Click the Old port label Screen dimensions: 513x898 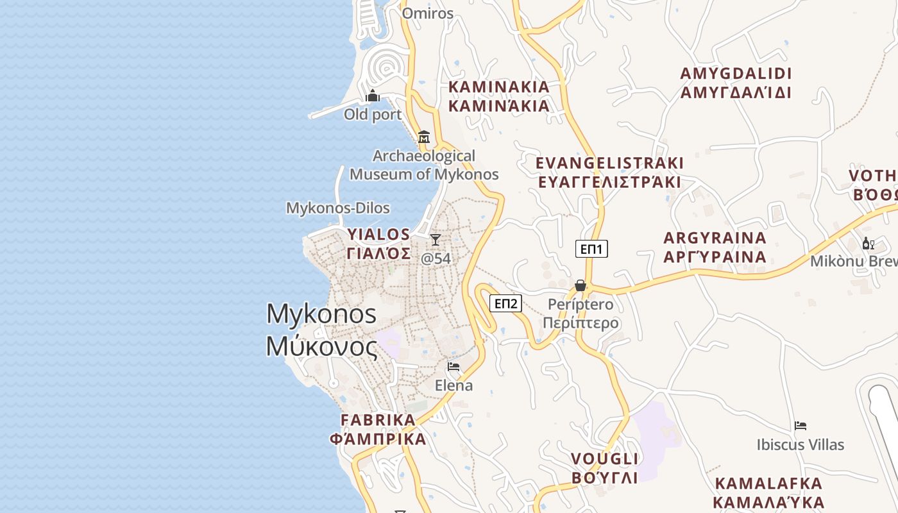373,115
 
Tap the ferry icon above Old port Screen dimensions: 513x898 373,97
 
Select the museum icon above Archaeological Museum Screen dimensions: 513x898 423,137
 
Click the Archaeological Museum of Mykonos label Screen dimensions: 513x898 424,165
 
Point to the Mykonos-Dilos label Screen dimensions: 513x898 337,208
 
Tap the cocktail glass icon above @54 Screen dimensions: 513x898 436,240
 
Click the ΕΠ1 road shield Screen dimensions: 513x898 591,249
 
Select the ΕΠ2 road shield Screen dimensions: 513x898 505,303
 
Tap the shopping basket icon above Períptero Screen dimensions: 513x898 580,285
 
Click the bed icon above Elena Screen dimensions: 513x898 453,367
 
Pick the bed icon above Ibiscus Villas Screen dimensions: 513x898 800,426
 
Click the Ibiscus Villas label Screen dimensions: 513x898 800,444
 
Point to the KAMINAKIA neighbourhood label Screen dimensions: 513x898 498,87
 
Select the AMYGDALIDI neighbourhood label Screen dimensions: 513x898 736,74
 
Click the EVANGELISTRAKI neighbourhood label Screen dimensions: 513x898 609,163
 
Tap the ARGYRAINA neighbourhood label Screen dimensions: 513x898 715,238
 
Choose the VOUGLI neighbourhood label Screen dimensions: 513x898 604,459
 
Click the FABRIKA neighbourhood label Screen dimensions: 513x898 378,420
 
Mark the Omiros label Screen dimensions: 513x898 427,13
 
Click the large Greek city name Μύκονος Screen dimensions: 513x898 321,346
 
